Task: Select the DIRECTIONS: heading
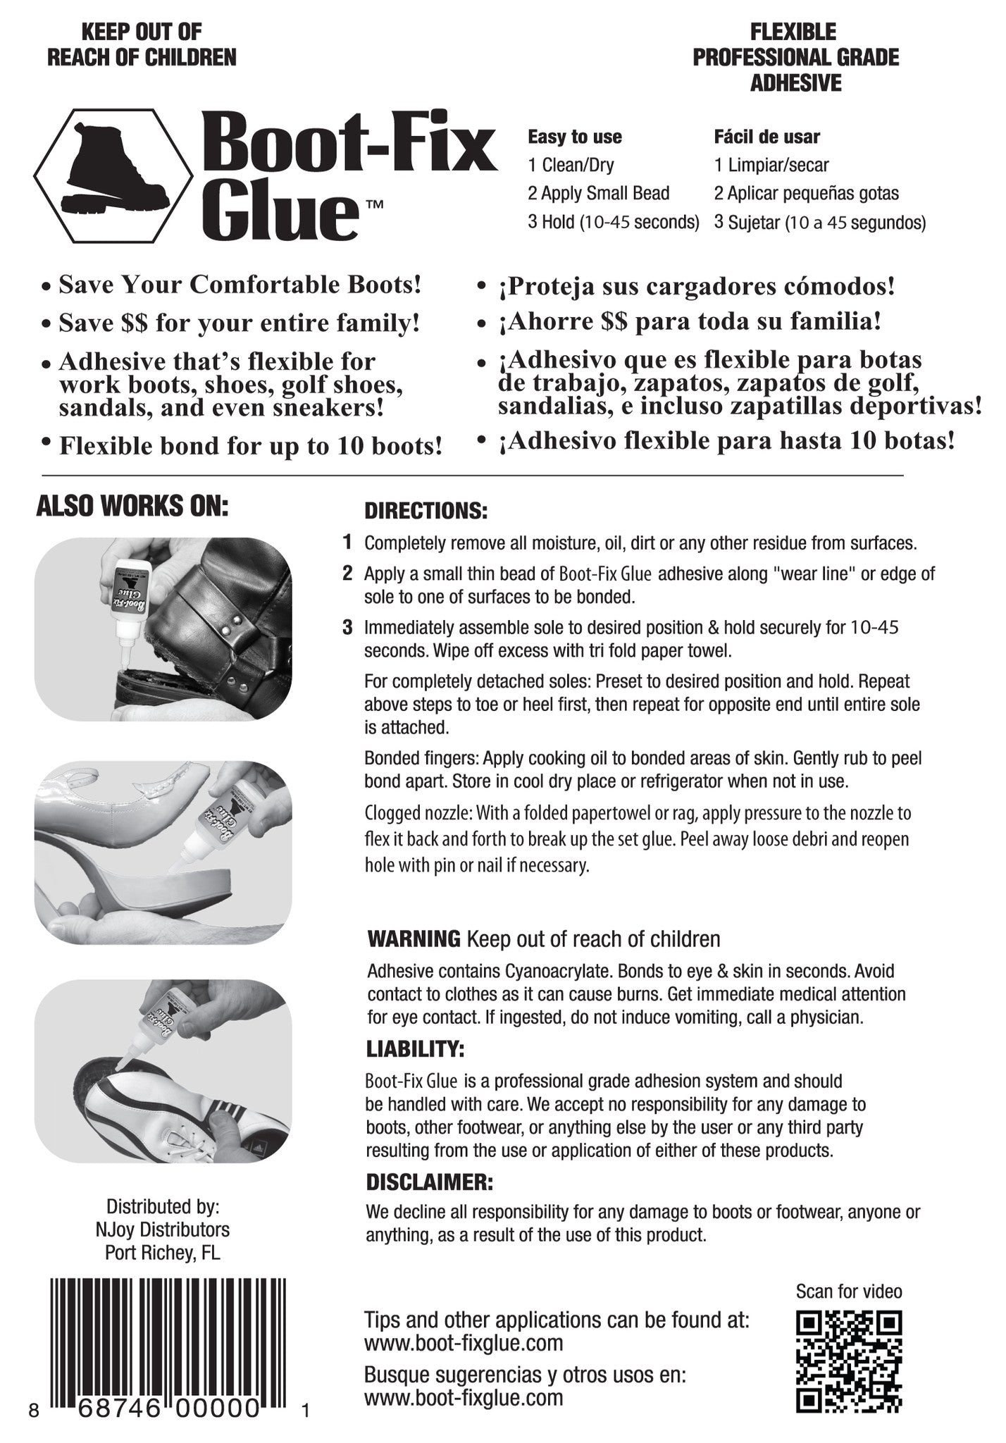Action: [426, 511]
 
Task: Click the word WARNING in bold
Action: [414, 939]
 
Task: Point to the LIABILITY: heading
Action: [415, 1049]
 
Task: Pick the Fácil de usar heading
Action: [766, 137]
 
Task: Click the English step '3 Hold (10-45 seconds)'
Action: [613, 222]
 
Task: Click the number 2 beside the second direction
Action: [347, 573]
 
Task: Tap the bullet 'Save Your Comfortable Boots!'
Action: [240, 285]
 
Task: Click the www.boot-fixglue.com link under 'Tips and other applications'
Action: [464, 1343]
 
